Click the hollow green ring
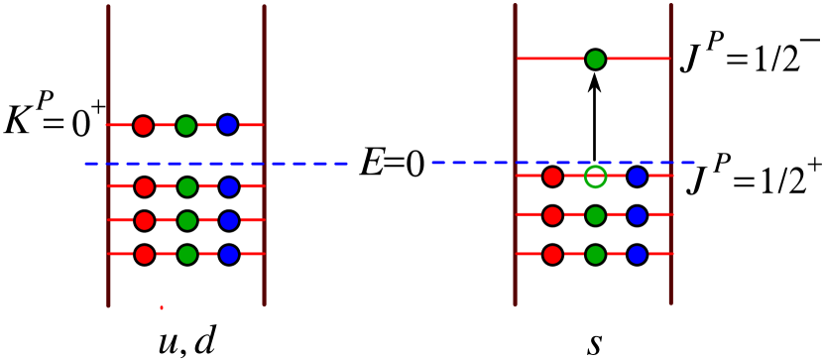[595, 177]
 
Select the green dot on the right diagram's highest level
[595, 60]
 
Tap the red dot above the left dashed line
[143, 126]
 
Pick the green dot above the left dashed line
[185, 126]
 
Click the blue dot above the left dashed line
[227, 125]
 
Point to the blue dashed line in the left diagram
[216, 164]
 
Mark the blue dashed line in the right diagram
[562, 162]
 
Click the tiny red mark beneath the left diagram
[162, 307]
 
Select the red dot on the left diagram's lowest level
[145, 255]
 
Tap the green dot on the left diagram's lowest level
[186, 255]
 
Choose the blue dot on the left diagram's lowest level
[229, 255]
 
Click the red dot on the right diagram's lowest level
[552, 255]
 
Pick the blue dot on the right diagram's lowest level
[637, 255]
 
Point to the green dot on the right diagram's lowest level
[595, 255]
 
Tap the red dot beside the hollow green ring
[552, 177]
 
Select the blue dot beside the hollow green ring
[637, 177]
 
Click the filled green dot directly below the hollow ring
[595, 215]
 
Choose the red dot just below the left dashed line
[145, 186]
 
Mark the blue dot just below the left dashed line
[229, 186]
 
